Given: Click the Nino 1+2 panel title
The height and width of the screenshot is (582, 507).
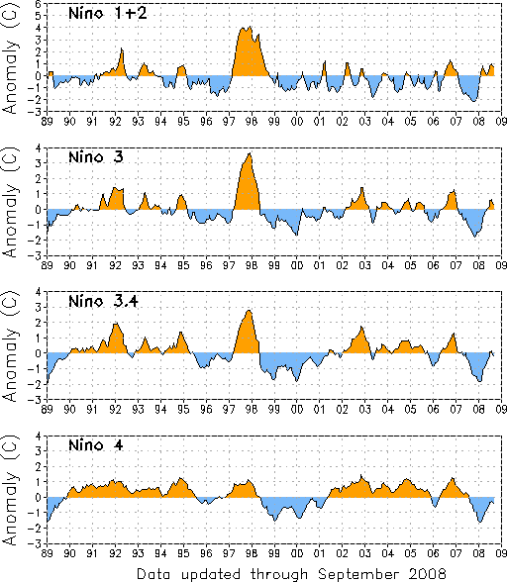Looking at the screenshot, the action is point(108,14).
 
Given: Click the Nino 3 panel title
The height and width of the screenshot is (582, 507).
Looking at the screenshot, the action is point(96,157).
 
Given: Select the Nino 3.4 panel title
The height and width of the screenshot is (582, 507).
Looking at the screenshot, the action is point(103,301).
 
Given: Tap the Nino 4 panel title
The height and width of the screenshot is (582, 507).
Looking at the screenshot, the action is point(96,444).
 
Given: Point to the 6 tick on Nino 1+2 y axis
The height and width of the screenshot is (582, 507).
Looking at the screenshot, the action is point(39,3).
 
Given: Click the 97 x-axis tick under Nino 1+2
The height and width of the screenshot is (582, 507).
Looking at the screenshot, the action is point(229,122).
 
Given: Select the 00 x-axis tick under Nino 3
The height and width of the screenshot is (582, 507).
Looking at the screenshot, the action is point(297,265).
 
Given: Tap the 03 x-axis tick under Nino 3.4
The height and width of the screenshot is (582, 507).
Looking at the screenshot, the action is point(365,409).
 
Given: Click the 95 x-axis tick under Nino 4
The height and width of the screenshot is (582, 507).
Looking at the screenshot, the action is point(183,553).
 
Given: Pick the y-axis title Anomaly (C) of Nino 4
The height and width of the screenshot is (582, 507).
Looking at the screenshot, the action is point(11,490).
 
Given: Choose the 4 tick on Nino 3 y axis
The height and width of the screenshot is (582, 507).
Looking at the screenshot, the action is point(39,147).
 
